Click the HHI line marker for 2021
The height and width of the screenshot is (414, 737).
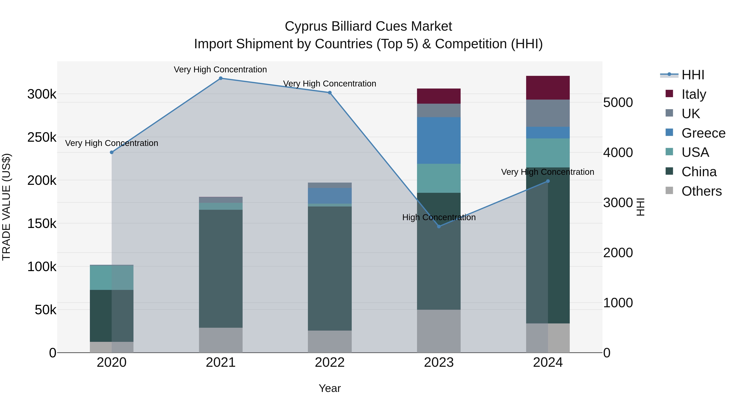coord(220,78)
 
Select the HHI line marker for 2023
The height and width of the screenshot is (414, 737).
coord(439,227)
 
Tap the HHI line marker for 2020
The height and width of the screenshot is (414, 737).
coord(112,152)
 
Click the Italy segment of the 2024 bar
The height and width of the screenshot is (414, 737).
coord(548,88)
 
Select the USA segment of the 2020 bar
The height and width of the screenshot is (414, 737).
coord(112,278)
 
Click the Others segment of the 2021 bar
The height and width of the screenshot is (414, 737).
coord(220,340)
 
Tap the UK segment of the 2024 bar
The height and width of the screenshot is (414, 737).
coord(548,113)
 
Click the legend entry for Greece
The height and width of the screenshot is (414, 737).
coord(703,133)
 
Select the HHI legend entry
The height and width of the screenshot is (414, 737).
coord(692,75)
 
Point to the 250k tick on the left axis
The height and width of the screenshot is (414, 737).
coord(42,137)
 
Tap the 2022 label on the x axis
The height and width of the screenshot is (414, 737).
coord(330,362)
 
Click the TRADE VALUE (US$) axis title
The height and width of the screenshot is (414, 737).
coord(6,207)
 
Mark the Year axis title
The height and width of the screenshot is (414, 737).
coord(330,388)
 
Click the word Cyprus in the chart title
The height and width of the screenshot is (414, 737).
coord(306,27)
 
